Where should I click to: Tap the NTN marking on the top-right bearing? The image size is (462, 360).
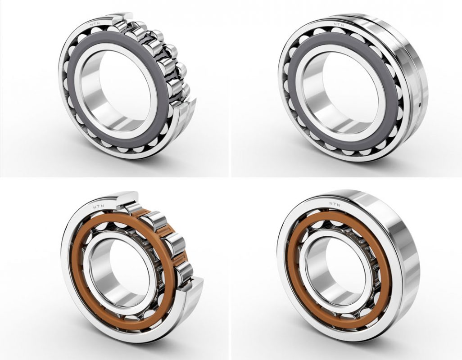pos(339,25)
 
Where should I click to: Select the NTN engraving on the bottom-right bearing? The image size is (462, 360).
pos(335,204)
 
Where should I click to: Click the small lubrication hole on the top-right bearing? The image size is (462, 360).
pos(419,103)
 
